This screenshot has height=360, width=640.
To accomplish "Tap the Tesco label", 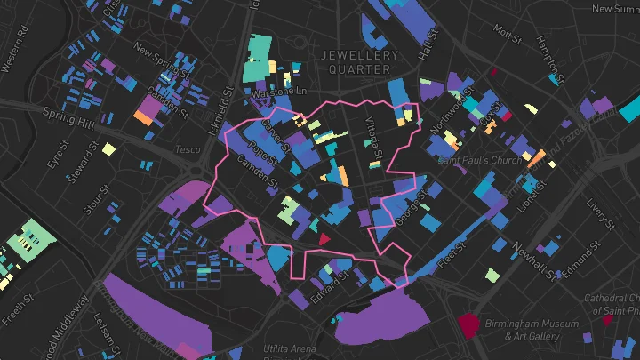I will tap(188, 149).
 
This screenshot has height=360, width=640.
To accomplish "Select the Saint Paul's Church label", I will tap(479, 161).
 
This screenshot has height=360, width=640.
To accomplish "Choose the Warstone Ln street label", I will tap(279, 91).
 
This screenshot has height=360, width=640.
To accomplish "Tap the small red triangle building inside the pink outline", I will tap(324, 238).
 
